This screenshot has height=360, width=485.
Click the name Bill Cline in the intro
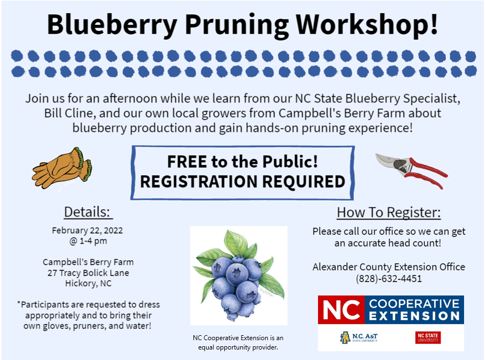click(68, 113)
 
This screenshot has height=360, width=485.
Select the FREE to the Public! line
click(242, 162)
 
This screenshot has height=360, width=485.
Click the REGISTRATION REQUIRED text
click(242, 181)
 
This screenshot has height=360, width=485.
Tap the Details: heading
click(88, 212)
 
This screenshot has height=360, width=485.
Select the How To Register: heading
click(389, 212)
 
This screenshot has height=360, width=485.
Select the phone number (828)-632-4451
click(389, 278)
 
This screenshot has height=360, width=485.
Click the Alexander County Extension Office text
click(389, 267)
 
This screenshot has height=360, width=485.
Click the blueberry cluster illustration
click(239, 276)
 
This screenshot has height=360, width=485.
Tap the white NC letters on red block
click(341, 310)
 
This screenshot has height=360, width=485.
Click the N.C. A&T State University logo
click(359, 337)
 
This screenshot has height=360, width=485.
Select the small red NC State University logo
click(428, 337)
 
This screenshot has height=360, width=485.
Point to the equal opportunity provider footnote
click(238, 342)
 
